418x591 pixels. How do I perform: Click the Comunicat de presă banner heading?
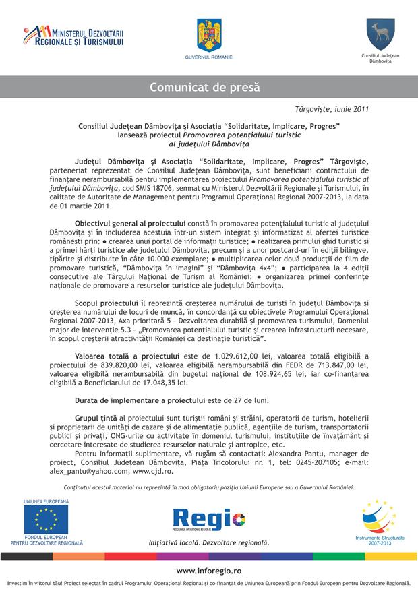coord(208,87)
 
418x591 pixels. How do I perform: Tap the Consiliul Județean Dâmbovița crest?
coord(375,33)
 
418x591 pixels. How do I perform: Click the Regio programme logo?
coord(208,518)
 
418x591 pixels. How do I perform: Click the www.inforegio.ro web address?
coord(209,570)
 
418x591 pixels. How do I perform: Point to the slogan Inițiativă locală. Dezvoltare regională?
coord(208,542)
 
